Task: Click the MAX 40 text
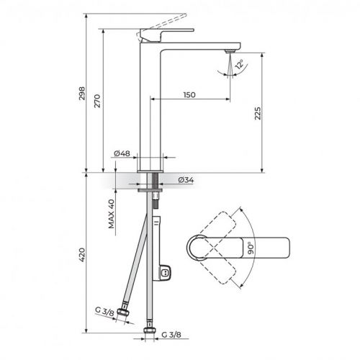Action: pos(112,214)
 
